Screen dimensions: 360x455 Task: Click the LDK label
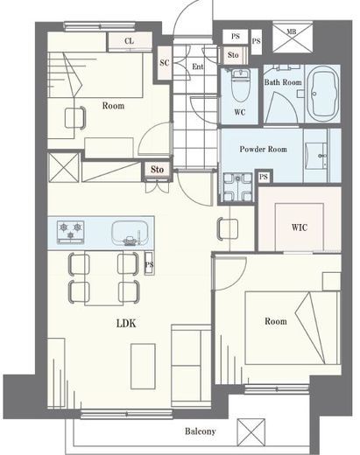[x=126, y=323]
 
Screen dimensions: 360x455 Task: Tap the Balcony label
[x=201, y=431]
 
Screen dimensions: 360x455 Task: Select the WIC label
[x=300, y=227]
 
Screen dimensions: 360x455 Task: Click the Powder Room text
[x=264, y=149]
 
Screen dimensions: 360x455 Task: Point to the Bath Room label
[x=283, y=82]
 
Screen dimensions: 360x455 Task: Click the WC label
[x=240, y=112]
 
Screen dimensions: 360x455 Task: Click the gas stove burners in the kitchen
[x=71, y=232]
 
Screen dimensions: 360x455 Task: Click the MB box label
[x=292, y=31]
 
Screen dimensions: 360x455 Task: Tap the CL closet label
[x=130, y=41]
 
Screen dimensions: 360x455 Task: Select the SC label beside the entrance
[x=165, y=62]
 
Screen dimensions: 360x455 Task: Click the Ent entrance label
[x=198, y=66]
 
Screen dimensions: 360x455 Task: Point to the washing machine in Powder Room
[x=238, y=187]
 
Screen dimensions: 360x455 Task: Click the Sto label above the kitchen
[x=157, y=169]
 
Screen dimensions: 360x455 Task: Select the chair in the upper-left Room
[x=75, y=117]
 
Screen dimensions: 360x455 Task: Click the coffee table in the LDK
[x=143, y=367]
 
